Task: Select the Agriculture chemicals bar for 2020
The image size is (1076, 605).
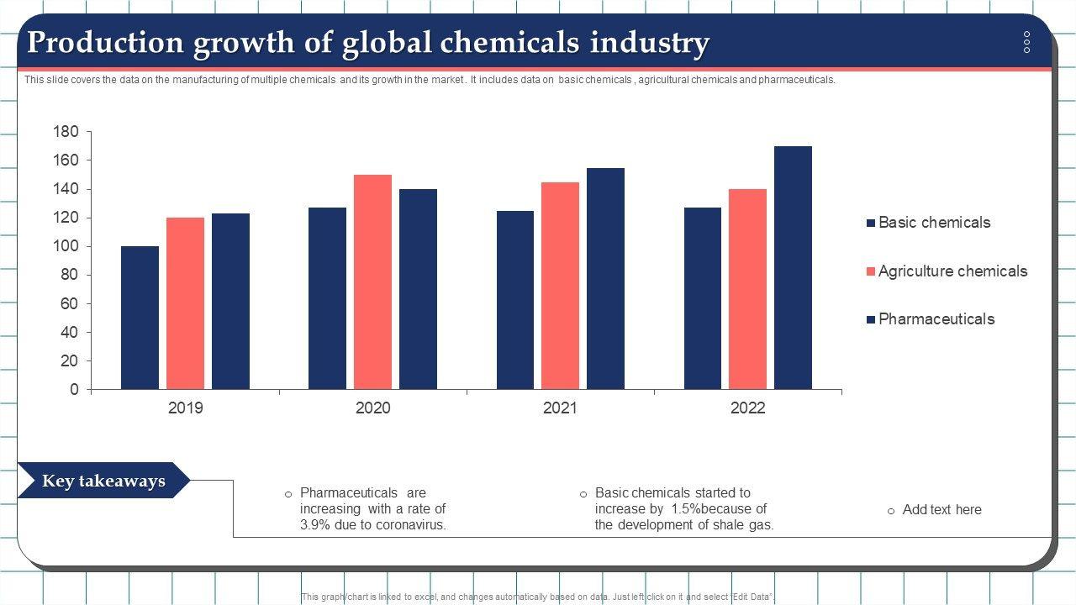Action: [x=372, y=282]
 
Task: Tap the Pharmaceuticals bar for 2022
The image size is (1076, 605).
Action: [x=793, y=268]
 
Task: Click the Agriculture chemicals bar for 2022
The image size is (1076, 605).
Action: [x=747, y=289]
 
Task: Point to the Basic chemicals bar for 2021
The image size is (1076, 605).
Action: [x=514, y=300]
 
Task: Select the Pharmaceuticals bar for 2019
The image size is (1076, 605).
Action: [x=230, y=302]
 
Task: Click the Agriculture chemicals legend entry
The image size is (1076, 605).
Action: [x=952, y=271]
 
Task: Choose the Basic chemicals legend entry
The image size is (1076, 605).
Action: [x=933, y=223]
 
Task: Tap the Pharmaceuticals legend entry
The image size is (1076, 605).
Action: [x=936, y=319]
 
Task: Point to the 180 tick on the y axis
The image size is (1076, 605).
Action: [x=66, y=132]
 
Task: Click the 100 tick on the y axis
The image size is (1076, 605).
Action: [x=66, y=246]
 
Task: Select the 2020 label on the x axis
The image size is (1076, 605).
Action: [x=372, y=408]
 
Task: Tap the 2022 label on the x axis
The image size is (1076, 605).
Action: [x=747, y=408]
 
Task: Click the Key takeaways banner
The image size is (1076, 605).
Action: [x=103, y=481]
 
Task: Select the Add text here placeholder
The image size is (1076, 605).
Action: [x=941, y=510]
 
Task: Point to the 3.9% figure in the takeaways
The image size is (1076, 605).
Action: [x=315, y=525]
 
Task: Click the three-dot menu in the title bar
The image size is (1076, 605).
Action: [x=1026, y=42]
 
